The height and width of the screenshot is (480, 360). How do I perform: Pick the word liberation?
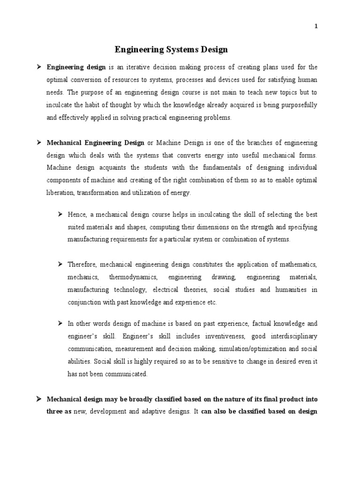coord(60,193)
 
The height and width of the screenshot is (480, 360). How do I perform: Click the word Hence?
coord(76,214)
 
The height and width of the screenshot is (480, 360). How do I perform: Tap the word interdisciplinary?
coord(293,336)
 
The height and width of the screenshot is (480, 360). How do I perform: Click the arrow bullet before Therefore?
coord(60,264)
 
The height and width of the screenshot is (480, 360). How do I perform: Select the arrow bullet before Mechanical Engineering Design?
coord(39,142)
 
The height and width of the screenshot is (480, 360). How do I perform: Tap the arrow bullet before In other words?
coord(60,323)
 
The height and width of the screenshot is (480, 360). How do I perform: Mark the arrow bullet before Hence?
coord(60,214)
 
